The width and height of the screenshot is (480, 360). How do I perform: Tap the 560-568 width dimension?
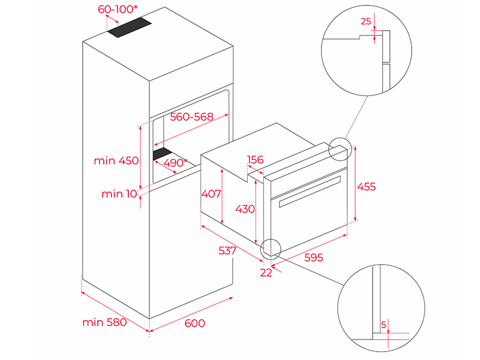[x=191, y=117]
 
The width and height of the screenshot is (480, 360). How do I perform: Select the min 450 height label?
[x=116, y=161]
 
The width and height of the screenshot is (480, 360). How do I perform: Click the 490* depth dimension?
[x=176, y=162]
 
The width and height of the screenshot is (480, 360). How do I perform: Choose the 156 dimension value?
[x=256, y=160]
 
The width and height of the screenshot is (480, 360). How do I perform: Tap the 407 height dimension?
[x=211, y=194]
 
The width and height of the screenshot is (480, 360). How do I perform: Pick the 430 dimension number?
[x=245, y=209]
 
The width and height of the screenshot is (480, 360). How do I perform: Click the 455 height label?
[x=366, y=187]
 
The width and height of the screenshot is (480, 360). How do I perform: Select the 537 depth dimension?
[x=227, y=250]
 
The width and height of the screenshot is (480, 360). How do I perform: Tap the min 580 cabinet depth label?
[x=104, y=322]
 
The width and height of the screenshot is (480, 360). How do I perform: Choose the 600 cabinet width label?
[x=194, y=323]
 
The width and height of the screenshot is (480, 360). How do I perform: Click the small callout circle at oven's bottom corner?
[x=271, y=247]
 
